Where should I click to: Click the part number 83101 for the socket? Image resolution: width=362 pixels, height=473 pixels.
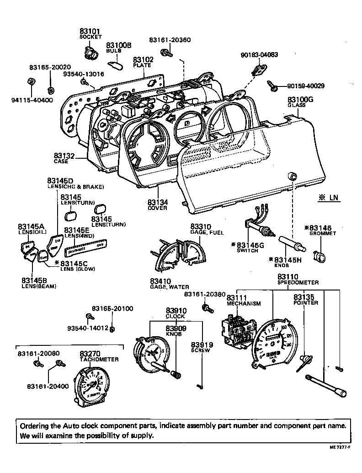coord(90,32)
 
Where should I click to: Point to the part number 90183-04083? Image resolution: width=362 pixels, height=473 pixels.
coord(259,54)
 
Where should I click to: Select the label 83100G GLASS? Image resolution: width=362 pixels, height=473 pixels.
coord(300,102)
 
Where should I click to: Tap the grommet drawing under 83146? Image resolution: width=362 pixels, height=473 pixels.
coord(320,257)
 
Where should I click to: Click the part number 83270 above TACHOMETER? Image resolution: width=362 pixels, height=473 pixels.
coord(90,354)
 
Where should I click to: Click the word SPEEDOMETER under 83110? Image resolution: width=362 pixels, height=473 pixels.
coord(298,283)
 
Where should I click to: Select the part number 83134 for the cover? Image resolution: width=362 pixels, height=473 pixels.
coord(157,202)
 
